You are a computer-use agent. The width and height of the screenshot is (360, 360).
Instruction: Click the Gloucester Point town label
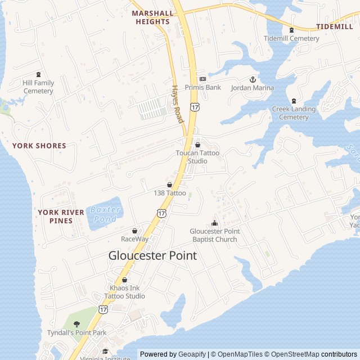tap(152, 255)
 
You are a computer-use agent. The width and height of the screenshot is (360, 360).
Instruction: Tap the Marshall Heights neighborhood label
tap(152, 17)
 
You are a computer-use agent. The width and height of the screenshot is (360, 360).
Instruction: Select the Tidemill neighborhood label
tap(334, 26)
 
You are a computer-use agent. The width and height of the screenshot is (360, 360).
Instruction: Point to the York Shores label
tap(39, 146)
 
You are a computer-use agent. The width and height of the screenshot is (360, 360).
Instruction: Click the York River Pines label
tap(61, 217)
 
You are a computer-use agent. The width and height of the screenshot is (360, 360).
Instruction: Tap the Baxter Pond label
tap(106, 214)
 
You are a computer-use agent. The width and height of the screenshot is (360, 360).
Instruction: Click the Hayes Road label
tap(178, 104)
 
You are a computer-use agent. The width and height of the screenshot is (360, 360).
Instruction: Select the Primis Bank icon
tap(202, 79)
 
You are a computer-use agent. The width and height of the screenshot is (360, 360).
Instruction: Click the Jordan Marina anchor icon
tap(253, 79)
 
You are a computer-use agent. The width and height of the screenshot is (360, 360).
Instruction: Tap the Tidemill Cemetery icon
tap(291, 30)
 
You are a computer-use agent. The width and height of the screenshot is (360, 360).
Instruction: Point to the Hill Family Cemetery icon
tap(38, 74)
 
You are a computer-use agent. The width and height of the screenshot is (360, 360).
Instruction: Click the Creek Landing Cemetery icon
tap(294, 100)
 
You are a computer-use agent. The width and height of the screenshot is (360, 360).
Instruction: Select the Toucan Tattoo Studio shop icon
tap(197, 145)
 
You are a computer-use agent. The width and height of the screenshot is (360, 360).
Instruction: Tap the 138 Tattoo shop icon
tap(169, 184)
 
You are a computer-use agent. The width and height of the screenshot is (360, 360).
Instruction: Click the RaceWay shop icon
tap(134, 231)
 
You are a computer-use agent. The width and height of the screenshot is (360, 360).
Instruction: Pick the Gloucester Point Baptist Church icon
tap(214, 223)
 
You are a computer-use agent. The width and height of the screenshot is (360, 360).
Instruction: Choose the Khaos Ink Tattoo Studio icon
tap(124, 280)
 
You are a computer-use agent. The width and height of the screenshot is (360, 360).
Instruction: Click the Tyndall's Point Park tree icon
tap(76, 324)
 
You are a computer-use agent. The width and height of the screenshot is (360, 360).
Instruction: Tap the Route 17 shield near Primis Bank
tap(195, 106)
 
